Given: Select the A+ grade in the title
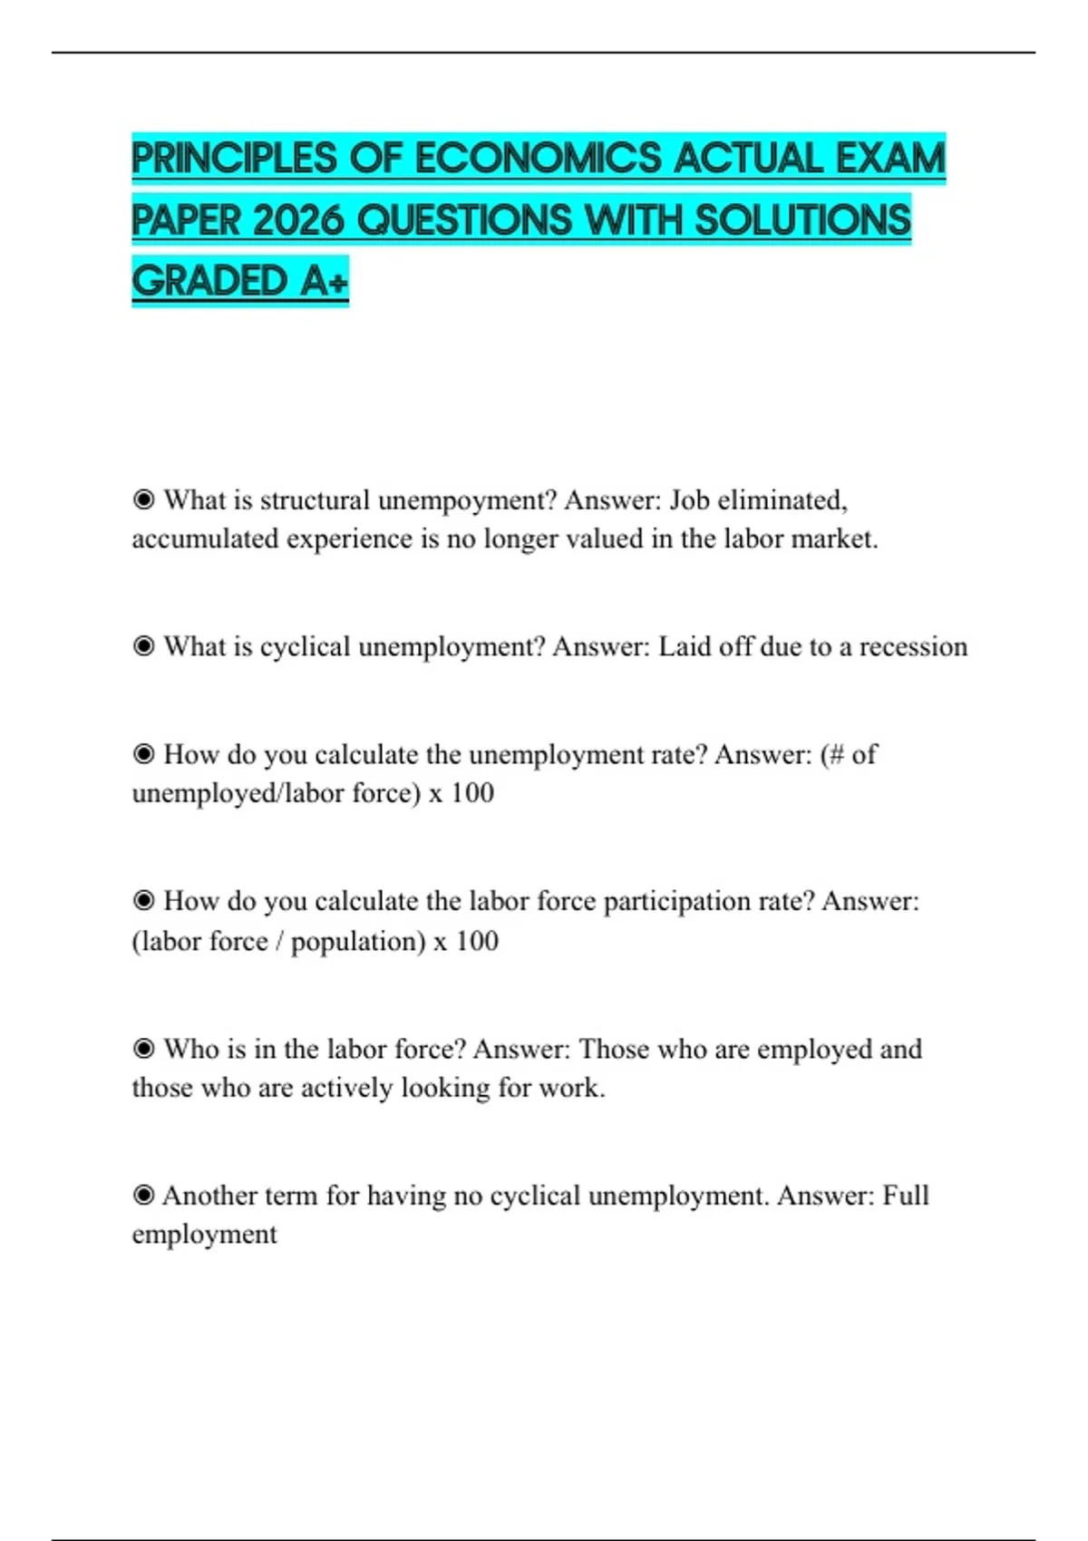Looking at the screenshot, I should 325,281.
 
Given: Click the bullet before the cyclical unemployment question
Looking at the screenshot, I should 143,646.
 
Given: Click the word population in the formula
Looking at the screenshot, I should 357,942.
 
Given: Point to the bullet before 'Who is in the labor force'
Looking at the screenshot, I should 143,1049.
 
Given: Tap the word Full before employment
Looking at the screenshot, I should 906,1196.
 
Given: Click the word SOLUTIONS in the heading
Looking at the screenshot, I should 802,220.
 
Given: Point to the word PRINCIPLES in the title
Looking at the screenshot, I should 234,159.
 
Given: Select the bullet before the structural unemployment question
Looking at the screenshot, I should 143,499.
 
